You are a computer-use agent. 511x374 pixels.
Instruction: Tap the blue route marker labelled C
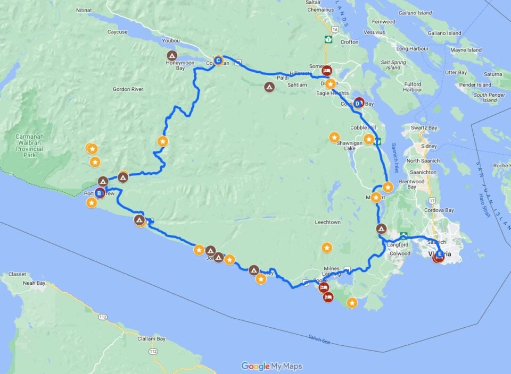click(x=218, y=61)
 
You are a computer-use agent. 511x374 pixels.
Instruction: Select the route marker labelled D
click(x=359, y=103)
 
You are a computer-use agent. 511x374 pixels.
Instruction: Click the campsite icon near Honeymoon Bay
click(x=172, y=55)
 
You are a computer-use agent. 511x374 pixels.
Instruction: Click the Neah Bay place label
click(x=34, y=284)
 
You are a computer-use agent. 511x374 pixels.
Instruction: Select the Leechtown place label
click(x=327, y=222)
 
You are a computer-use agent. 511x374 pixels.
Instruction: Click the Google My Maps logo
click(x=272, y=366)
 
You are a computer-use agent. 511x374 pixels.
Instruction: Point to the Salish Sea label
click(x=319, y=338)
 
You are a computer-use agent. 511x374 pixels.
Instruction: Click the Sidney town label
click(x=429, y=146)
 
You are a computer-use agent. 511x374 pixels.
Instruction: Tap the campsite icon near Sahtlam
click(x=269, y=87)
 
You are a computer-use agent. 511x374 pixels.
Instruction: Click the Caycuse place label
click(x=117, y=32)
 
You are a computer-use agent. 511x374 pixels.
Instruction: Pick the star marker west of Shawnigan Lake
click(x=334, y=137)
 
